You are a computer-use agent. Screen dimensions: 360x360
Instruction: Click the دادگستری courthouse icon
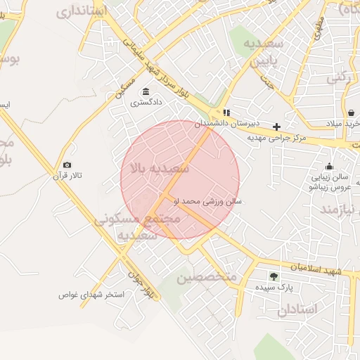(146, 91)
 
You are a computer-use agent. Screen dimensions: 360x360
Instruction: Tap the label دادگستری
(146, 103)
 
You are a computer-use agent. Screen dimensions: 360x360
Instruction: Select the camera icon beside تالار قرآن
(67, 165)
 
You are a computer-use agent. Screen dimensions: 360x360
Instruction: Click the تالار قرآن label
(67, 176)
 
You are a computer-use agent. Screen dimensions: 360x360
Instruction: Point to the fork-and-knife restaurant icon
(226, 112)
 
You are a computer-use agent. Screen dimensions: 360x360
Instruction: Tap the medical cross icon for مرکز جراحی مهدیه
(277, 127)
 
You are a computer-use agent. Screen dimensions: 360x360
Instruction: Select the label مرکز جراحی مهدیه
(279, 138)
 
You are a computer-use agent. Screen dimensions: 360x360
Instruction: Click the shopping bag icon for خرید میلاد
(351, 112)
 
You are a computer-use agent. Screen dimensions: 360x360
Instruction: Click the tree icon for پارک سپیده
(274, 276)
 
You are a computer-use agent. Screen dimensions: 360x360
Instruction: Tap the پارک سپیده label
(274, 288)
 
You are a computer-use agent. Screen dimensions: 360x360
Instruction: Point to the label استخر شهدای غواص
(91, 295)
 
